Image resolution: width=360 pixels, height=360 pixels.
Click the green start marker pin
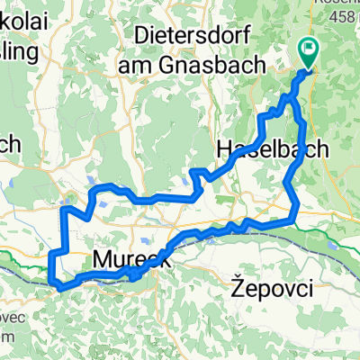coord(308,55)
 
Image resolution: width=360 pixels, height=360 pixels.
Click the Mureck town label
coord(127,260)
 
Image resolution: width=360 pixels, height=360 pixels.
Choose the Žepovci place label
coord(271,289)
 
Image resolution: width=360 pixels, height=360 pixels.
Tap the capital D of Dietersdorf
coord(141,35)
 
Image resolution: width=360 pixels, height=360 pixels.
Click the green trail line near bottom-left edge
coord(18,260)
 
